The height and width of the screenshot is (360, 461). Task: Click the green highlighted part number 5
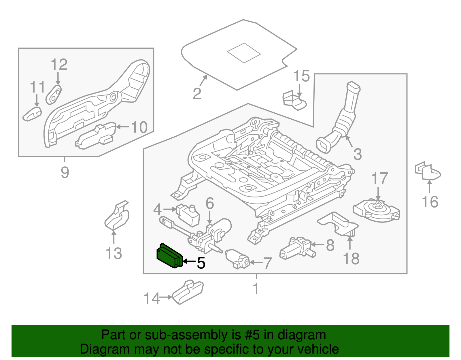[x=169, y=256]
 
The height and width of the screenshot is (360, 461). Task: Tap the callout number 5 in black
[x=201, y=263]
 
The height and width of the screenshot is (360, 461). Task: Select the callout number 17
[x=379, y=179]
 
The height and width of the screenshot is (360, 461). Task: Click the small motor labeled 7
[x=237, y=258]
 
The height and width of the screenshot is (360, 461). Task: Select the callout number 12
[x=59, y=65]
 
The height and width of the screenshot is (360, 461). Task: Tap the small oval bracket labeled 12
[x=54, y=94]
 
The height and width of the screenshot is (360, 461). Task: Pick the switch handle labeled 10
[x=96, y=136]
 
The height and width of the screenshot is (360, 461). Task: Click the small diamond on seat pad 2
[x=244, y=53]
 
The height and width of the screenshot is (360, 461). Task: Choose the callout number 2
[x=197, y=94]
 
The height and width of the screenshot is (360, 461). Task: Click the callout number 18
[x=351, y=259]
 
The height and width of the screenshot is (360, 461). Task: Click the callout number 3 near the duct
[x=357, y=154]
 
